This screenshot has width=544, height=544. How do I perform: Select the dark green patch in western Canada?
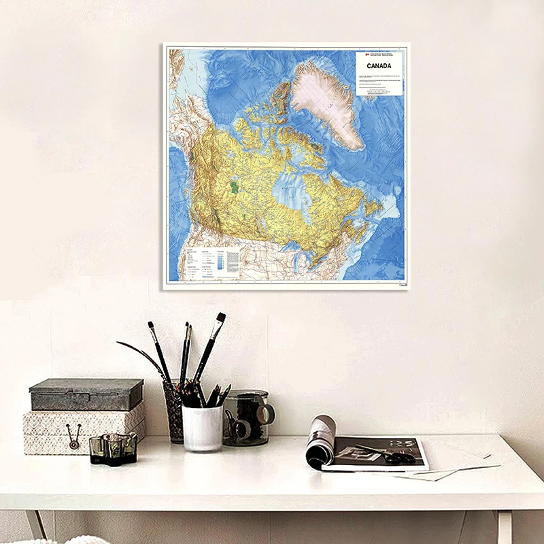[235, 186]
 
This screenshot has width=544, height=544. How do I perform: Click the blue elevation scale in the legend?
[221, 261]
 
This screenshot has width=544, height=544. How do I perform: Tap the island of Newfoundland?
[372, 207]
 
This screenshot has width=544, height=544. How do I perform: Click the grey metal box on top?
[86, 394]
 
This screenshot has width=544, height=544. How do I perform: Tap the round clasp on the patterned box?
[71, 430]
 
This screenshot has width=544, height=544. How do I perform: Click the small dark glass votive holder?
[114, 448]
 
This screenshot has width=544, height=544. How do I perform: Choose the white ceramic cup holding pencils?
[203, 427]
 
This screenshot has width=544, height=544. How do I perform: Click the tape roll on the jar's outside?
[265, 413]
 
